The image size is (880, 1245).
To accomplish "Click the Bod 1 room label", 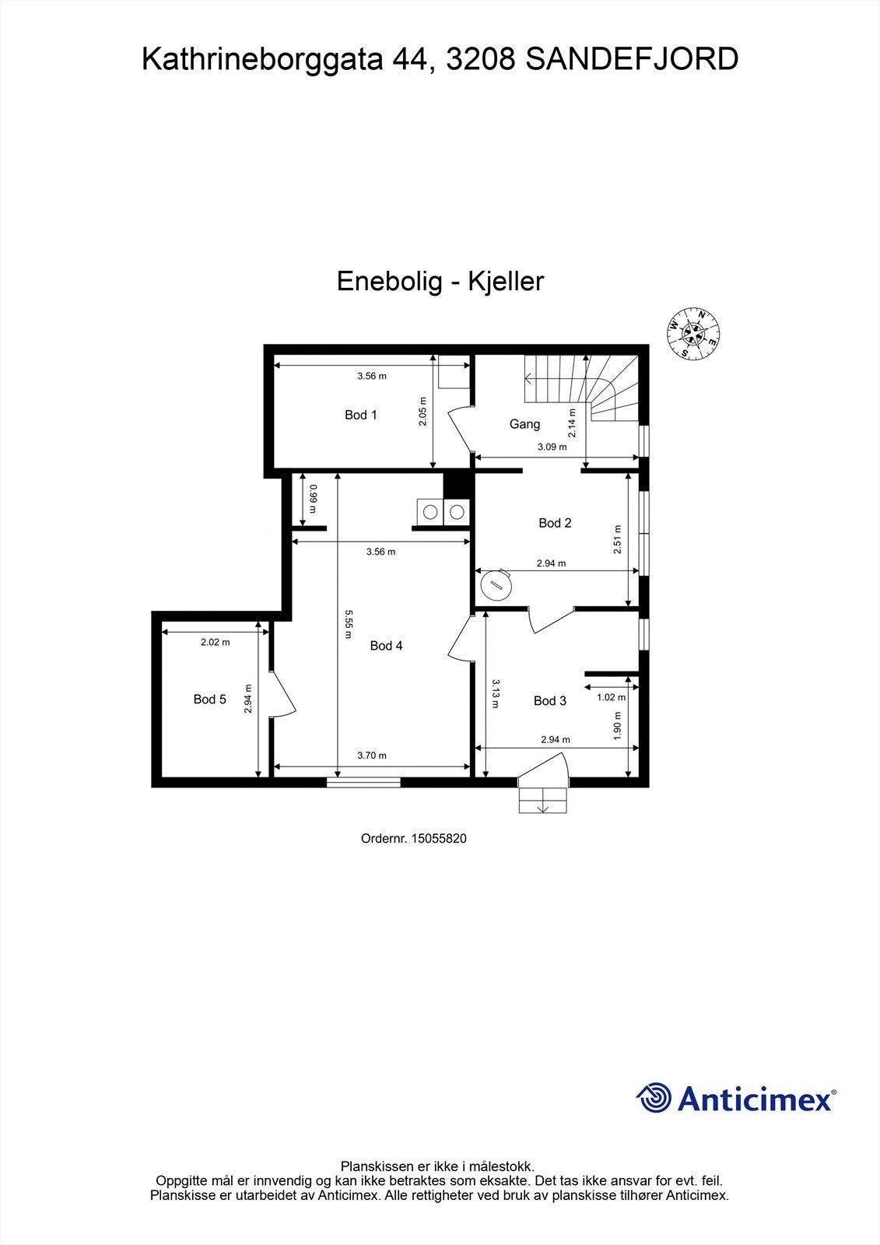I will coord(360,415).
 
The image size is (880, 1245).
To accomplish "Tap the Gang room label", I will coord(524,424).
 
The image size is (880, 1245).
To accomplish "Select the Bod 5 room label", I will coord(209,700).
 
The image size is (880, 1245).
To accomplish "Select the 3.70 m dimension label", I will coord(371,755).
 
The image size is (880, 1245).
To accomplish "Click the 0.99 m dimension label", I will coord(313,498).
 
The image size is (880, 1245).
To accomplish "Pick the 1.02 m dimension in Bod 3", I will coord(611,697).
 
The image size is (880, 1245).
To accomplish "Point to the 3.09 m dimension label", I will coord(552,447).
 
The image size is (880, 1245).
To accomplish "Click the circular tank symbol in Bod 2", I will coord(495,584).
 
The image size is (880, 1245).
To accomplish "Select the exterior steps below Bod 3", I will coord(543,800).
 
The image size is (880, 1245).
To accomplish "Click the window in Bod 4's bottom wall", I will coord(363,782).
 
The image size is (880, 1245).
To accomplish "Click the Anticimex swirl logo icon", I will coord(654,1099).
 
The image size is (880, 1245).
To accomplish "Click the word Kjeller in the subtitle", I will coord(505,281).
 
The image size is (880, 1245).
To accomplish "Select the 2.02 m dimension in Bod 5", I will coord(215,642).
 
